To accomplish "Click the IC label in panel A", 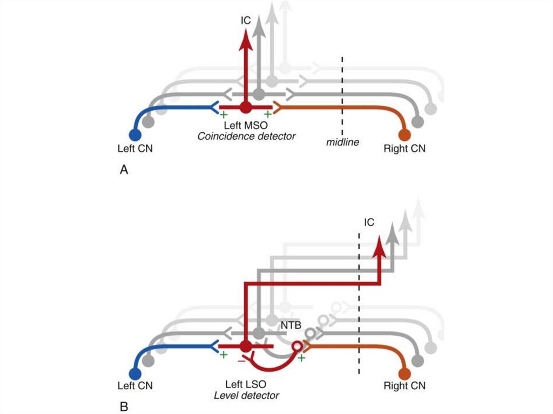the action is click(x=246, y=21).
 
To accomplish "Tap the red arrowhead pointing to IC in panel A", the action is click(x=246, y=39).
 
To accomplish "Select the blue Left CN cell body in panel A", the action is click(x=135, y=135).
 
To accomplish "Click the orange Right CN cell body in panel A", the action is click(x=404, y=135).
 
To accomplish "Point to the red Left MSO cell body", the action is click(x=246, y=107).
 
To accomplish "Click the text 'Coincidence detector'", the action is click(x=246, y=136).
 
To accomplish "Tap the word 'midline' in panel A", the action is click(x=342, y=142).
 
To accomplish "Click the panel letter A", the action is click(x=124, y=170).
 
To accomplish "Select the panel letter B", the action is click(x=124, y=406).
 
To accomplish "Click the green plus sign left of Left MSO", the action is click(x=223, y=114).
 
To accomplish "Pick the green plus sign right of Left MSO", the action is click(x=268, y=114).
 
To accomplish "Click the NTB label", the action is click(x=291, y=325).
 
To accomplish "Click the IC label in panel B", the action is click(x=369, y=222).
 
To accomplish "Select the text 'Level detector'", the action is click(x=246, y=396).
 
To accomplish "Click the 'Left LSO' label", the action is click(x=246, y=384).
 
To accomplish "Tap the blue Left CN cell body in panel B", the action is click(x=135, y=374).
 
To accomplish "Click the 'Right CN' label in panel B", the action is click(x=404, y=386).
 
